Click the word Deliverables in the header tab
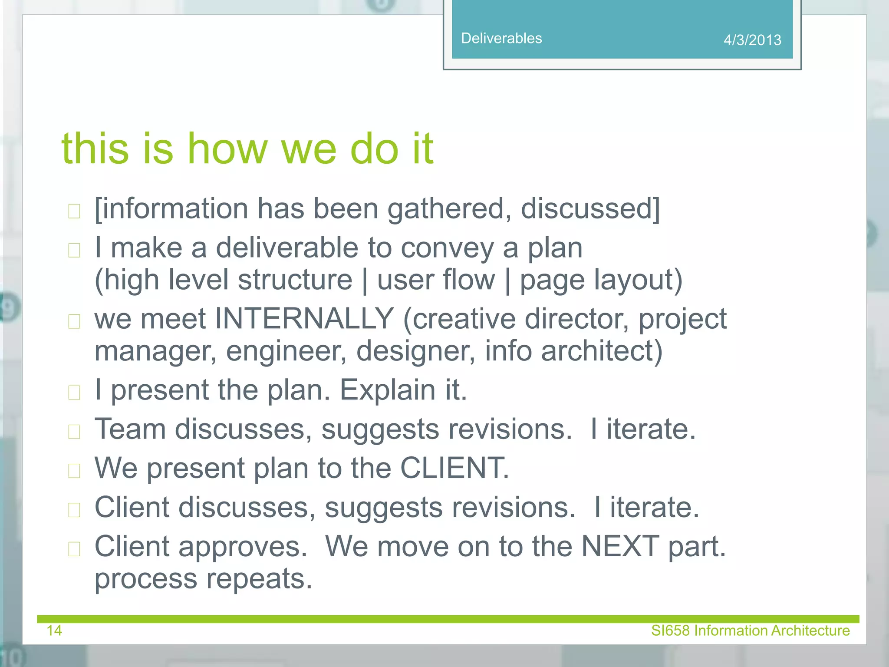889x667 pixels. (x=501, y=38)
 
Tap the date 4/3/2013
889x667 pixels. (x=752, y=40)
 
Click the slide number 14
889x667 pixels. (x=54, y=630)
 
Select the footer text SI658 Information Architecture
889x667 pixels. (x=750, y=630)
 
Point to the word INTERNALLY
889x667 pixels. (x=304, y=319)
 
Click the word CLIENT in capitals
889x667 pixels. (x=454, y=468)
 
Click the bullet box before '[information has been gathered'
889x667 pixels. (x=74, y=211)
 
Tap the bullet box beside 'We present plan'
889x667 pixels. (x=74, y=471)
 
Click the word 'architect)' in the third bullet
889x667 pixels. (x=602, y=351)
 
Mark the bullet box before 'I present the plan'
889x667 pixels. (x=74, y=393)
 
